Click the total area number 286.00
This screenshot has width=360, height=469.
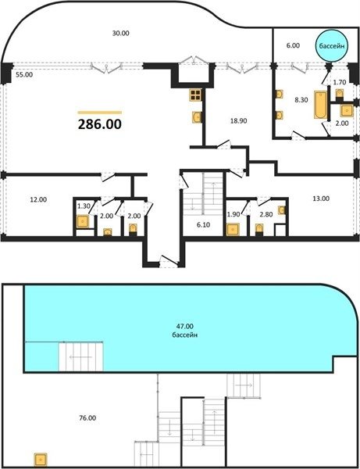tap(100, 124)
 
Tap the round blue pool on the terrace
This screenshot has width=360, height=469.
tap(332, 46)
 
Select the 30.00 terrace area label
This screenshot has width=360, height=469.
tap(121, 33)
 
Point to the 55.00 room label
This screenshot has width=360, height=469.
tap(24, 75)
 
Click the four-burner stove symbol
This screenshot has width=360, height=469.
tap(195, 95)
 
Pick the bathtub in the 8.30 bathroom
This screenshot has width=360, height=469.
tap(321, 106)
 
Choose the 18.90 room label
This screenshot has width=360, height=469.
tap(238, 121)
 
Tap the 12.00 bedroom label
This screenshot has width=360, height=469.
tap(38, 199)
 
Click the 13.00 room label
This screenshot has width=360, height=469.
tap(321, 199)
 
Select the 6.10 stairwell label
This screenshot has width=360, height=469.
tap(204, 225)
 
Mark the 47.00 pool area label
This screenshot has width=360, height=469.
tap(185, 326)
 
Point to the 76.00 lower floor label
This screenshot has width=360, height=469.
tap(87, 418)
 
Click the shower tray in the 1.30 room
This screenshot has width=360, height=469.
tap(83, 222)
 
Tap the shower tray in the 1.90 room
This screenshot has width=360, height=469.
tap(233, 229)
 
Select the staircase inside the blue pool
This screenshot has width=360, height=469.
tap(81, 357)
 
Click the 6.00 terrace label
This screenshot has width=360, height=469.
tap(293, 45)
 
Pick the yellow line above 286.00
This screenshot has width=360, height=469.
tap(100, 113)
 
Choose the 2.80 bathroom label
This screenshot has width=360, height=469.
tap(266, 214)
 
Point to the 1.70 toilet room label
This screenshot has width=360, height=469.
tap(340, 81)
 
